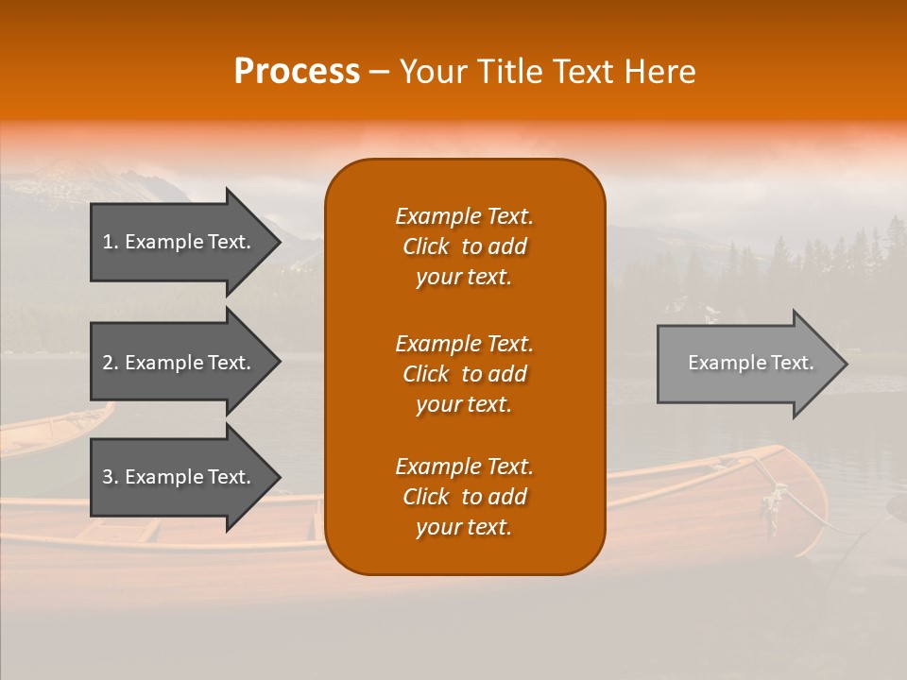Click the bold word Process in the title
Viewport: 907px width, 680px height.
pos(297,71)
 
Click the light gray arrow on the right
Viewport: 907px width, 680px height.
pos(746,363)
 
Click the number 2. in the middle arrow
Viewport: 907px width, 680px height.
pos(111,363)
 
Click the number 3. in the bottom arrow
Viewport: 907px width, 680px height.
pos(111,477)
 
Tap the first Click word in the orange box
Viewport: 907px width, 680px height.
pos(426,246)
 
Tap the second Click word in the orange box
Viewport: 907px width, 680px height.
pos(426,374)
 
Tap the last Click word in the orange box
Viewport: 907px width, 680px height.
pos(426,497)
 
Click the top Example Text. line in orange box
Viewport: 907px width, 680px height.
pos(464,216)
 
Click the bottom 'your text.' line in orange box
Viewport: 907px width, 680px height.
pos(464,527)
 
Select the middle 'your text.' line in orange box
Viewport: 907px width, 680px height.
pos(464,404)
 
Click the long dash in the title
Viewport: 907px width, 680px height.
pos(380,72)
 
